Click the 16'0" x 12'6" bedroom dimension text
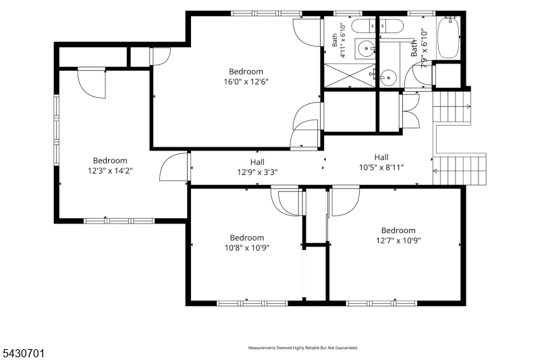[x=246, y=82]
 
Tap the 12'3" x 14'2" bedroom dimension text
[x=110, y=170]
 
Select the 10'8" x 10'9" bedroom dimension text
[x=247, y=248]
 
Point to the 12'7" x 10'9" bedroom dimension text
[x=398, y=240]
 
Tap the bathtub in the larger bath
[x=448, y=38]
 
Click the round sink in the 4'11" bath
[x=366, y=49]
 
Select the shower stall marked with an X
[x=350, y=76]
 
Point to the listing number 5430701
[x=24, y=353]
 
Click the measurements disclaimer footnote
[x=303, y=348]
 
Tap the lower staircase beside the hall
[x=460, y=170]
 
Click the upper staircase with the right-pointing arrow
[x=452, y=107]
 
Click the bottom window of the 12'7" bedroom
[x=381, y=303]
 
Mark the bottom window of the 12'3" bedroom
[x=119, y=221]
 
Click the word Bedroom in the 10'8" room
[x=247, y=238]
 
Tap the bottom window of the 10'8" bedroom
[x=252, y=303]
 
